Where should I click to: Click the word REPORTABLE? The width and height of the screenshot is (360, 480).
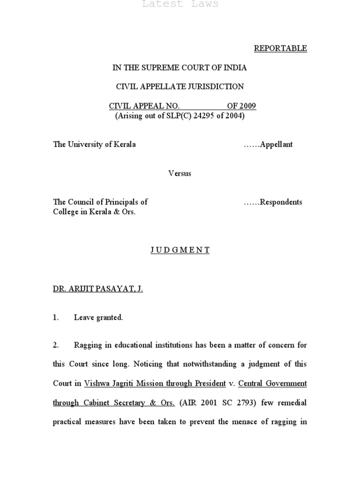tap(280, 48)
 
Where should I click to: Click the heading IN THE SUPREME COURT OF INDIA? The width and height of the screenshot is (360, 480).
tap(180, 68)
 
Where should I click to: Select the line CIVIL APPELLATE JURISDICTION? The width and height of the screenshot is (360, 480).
tap(180, 87)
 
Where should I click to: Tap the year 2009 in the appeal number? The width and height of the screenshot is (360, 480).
tap(247, 106)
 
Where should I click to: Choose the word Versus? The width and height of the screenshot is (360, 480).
tap(180, 173)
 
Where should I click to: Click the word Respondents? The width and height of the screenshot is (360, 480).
tap(280, 202)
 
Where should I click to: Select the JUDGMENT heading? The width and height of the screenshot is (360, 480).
tap(180, 250)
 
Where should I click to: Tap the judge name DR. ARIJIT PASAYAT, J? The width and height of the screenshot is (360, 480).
tap(97, 289)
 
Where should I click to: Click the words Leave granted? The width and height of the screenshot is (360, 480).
tap(98, 318)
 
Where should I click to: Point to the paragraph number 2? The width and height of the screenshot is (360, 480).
tap(56, 345)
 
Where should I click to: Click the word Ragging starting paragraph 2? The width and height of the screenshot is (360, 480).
tap(88, 345)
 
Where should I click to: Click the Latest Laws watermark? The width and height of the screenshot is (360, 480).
tap(180, 4)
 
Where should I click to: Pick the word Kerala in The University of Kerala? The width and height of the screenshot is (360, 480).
tap(124, 144)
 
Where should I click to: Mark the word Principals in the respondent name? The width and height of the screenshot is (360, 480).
tap(120, 202)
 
